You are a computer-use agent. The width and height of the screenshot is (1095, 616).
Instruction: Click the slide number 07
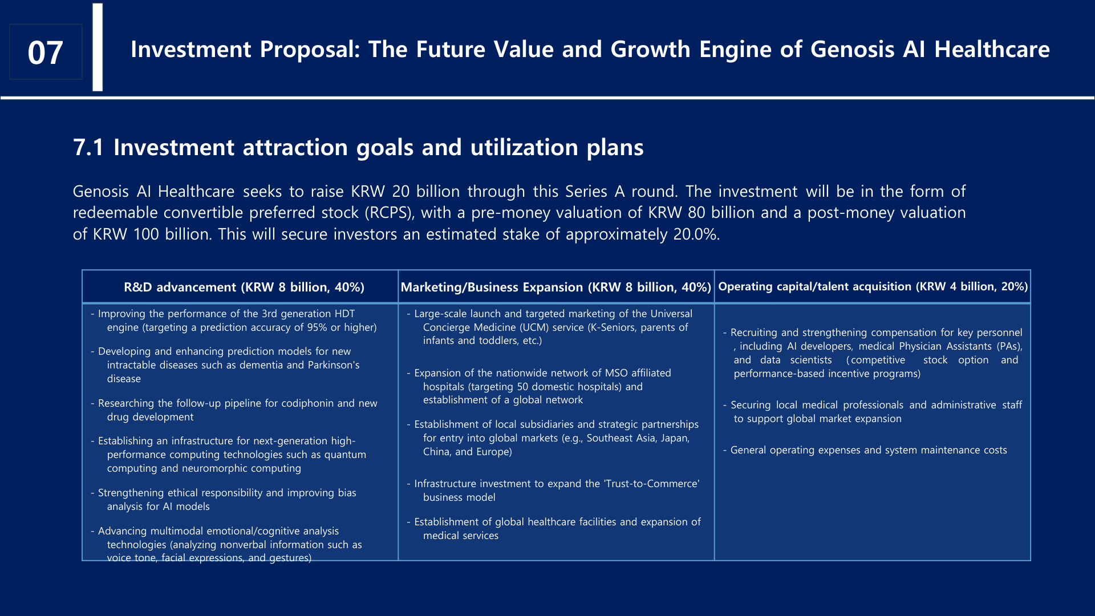pos(45,52)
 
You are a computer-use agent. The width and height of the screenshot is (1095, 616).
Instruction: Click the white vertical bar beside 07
pos(98,47)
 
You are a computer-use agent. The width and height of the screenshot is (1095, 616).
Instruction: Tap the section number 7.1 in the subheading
pos(88,148)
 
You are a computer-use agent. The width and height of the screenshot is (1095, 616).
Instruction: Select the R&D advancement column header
pos(244,287)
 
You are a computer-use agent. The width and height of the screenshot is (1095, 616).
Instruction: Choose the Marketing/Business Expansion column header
pos(556,287)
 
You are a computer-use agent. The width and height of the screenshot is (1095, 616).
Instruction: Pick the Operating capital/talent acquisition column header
pos(873,286)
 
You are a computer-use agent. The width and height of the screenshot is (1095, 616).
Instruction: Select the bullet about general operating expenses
pos(865,450)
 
